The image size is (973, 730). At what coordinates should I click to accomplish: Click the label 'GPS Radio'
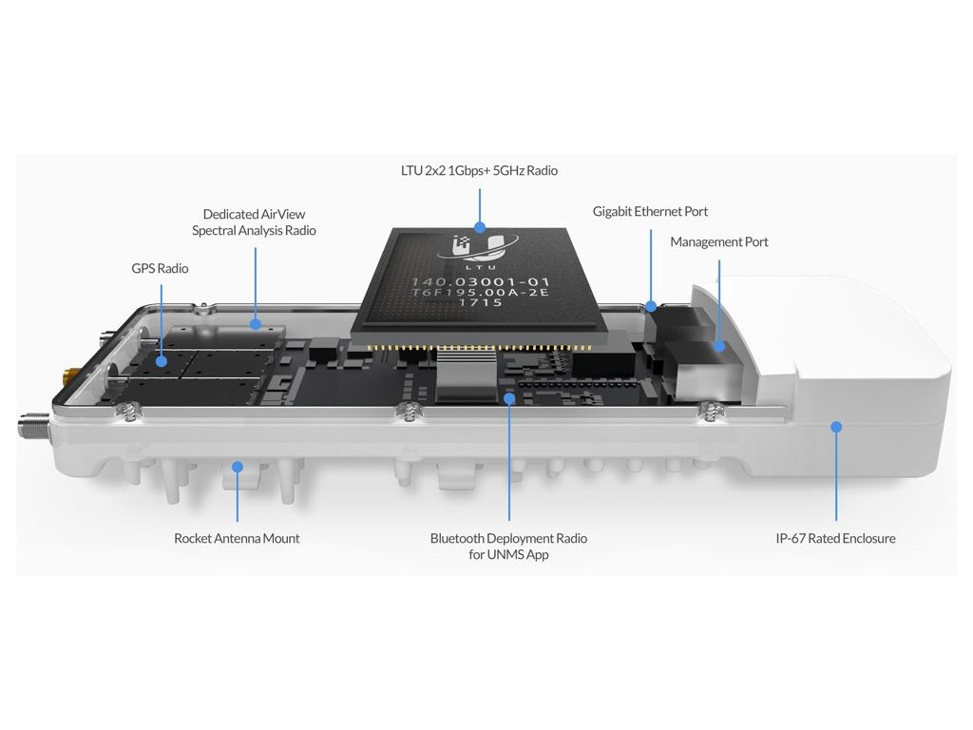click(x=160, y=268)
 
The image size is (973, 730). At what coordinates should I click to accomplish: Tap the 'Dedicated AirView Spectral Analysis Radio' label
click(x=254, y=222)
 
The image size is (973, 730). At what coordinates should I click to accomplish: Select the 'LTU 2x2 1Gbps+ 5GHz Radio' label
click(x=479, y=171)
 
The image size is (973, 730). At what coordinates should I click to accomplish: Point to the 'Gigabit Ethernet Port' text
click(x=650, y=212)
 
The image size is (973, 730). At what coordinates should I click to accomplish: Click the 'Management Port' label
click(x=718, y=242)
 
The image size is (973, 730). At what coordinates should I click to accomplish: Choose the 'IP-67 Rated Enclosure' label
click(x=835, y=538)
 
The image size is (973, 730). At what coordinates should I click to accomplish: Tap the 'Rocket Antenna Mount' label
click(x=237, y=538)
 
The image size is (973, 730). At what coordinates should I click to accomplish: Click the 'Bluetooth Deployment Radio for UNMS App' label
click(x=508, y=547)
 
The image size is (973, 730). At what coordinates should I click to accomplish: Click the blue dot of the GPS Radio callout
click(x=162, y=360)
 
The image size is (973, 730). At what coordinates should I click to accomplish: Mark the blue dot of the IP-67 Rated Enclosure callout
click(x=836, y=427)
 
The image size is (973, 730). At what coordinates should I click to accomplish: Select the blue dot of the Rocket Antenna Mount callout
click(x=237, y=467)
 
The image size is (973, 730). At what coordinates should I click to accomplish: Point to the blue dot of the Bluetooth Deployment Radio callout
click(x=509, y=399)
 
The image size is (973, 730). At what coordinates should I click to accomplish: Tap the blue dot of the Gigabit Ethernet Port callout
click(x=651, y=306)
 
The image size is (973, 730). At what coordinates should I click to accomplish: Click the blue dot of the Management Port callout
click(x=719, y=346)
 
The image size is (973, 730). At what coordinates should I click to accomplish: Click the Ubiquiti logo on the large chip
click(x=480, y=246)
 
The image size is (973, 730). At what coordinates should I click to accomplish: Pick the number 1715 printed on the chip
click(x=480, y=302)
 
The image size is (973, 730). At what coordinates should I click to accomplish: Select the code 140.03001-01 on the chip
click(x=480, y=281)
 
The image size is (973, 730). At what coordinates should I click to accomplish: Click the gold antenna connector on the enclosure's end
click(x=69, y=375)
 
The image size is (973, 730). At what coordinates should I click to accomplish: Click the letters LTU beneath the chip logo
click(x=480, y=267)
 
